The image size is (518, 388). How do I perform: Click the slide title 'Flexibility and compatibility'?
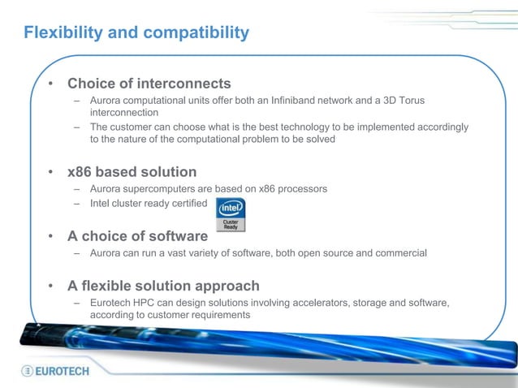(136, 33)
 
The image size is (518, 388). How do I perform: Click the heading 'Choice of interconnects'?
(149, 84)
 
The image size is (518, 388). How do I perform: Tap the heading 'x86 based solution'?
(132, 172)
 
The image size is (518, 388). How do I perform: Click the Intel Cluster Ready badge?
(231, 214)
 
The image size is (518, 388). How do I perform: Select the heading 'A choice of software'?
(137, 236)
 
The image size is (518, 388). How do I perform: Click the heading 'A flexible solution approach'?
(163, 286)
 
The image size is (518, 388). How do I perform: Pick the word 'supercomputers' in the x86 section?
(165, 189)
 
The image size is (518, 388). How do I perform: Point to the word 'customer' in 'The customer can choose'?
(132, 127)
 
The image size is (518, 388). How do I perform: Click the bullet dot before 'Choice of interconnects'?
(50, 84)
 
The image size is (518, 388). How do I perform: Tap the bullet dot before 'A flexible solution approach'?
(50, 287)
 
